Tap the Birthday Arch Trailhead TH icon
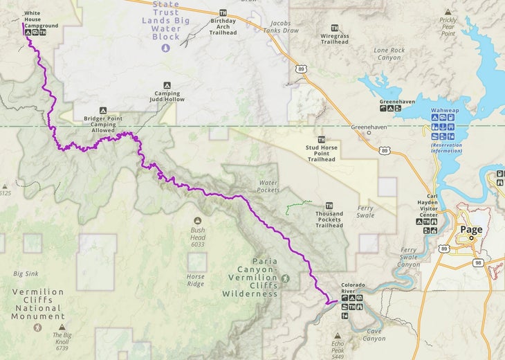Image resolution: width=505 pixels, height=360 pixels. click(223, 12)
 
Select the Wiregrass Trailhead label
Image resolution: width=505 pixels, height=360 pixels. click(334, 37)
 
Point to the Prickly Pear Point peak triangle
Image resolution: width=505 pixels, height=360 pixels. click(448, 12)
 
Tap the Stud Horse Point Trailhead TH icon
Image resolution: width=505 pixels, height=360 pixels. click(321, 140)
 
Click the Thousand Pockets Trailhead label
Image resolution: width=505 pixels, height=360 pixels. click(329, 220)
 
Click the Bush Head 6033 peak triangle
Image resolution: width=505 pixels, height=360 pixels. click(198, 220)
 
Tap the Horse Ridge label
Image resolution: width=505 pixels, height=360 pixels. click(196, 280)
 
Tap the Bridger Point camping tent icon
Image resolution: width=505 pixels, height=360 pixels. click(102, 110)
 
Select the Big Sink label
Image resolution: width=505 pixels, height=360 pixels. click(26, 273)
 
